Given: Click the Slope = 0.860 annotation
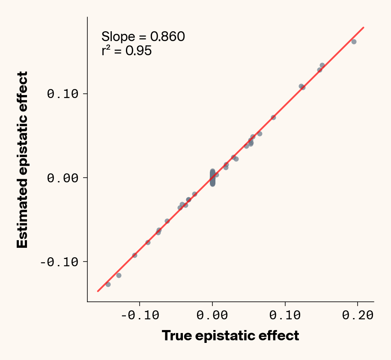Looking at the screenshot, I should point(143,37).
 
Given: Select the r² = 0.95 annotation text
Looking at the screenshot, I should point(126,51).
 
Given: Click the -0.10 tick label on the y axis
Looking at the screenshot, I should point(61,262).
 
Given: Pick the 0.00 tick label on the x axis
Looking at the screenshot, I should point(212,316).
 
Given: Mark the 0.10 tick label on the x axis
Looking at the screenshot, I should point(285,316).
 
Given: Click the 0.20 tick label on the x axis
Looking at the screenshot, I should point(358,316).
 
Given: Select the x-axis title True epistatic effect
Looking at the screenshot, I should point(230,336).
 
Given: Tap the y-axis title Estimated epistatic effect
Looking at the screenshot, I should point(22,160).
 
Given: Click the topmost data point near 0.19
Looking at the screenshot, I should point(354,42).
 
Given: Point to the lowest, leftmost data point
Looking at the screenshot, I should point(108,284).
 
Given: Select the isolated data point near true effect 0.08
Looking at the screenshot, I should point(273,117).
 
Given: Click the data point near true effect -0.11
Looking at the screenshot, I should point(134,255).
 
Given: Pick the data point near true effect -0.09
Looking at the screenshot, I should point(148,242).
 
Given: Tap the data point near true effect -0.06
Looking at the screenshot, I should point(167,221).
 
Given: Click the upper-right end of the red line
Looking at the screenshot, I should point(363,27).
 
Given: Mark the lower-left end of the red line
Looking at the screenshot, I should point(98,291).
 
